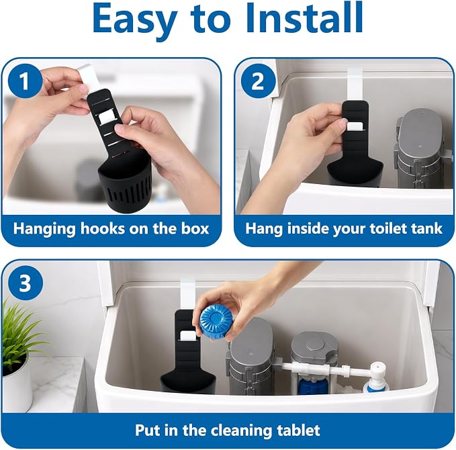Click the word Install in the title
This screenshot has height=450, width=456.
(x=304, y=17)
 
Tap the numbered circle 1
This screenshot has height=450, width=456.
(x=24, y=81)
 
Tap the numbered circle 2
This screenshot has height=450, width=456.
(x=258, y=81)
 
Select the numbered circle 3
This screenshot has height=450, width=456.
(x=25, y=283)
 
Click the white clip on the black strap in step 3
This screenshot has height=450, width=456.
(x=187, y=336)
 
